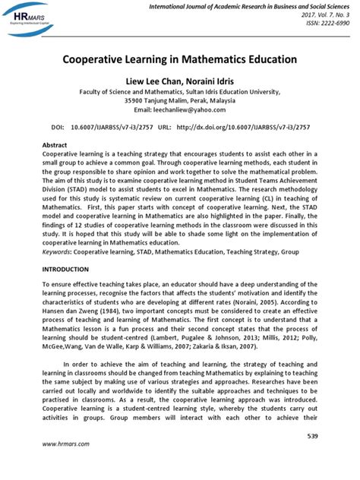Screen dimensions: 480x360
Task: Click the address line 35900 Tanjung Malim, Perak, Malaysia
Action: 180,99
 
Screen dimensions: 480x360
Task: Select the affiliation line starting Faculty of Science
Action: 180,90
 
